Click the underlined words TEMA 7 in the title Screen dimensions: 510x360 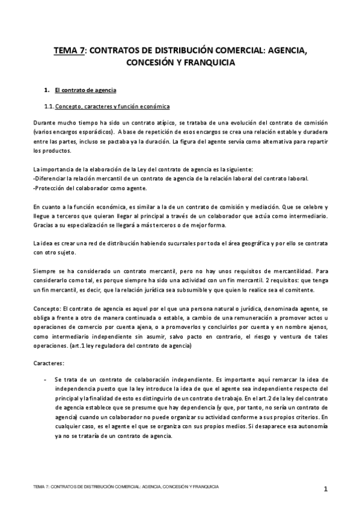[69, 51]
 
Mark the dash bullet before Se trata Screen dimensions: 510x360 [45, 380]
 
